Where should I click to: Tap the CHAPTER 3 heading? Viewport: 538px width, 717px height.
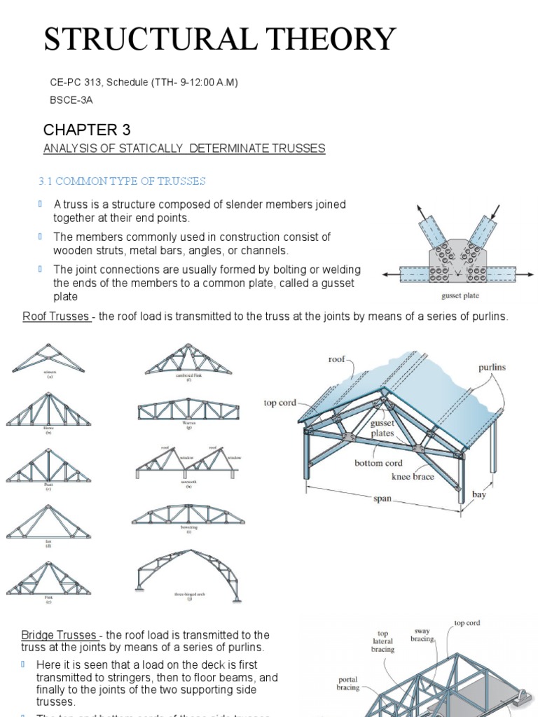point(87,130)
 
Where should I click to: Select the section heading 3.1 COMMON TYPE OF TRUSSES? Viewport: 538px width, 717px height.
point(122,181)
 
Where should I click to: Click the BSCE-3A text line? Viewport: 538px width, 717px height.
point(71,100)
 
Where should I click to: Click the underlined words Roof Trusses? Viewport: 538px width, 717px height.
point(55,316)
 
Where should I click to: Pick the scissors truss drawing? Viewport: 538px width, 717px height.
point(49,358)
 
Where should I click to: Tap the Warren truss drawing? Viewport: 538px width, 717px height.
point(188,409)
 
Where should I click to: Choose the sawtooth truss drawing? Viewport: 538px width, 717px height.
point(188,459)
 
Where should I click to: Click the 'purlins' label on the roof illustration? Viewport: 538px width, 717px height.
point(492,367)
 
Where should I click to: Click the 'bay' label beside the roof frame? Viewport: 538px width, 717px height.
point(478,494)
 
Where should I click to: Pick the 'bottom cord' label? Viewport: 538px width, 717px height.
point(378,463)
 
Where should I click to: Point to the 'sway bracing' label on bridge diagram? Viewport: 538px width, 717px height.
point(422,634)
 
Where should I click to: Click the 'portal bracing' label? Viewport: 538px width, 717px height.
point(347,683)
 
